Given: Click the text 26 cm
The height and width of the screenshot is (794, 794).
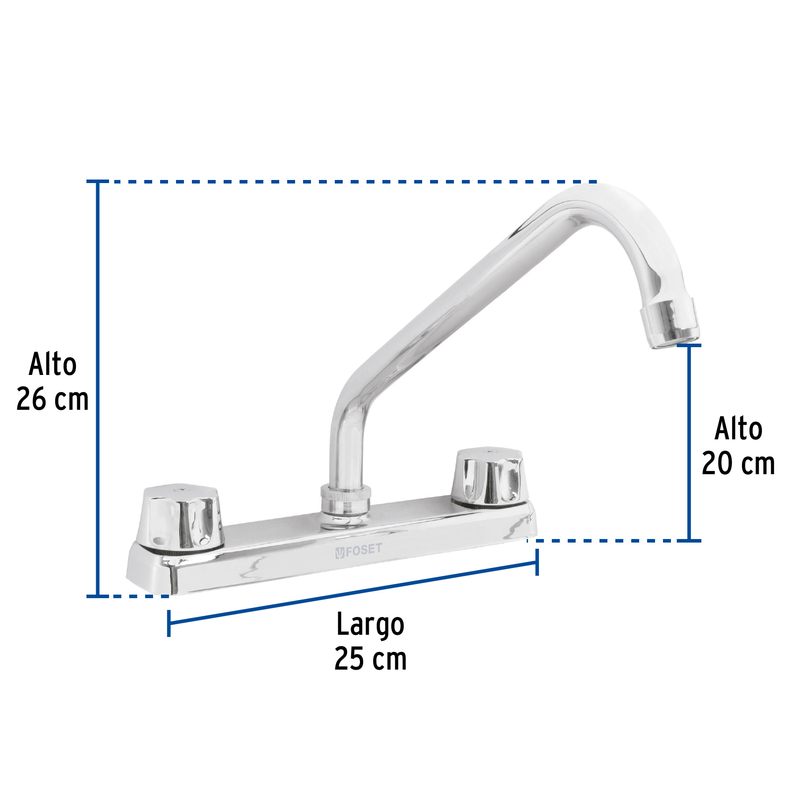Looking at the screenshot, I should click(x=52, y=400).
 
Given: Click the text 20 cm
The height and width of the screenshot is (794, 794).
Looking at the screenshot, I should click(x=738, y=464).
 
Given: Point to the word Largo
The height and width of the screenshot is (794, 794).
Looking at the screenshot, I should click(x=370, y=625).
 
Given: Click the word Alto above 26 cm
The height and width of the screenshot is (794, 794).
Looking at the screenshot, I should click(x=52, y=364).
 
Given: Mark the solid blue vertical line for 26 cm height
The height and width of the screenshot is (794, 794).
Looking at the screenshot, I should click(x=97, y=388).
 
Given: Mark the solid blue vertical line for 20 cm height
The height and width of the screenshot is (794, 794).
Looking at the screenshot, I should click(x=689, y=441).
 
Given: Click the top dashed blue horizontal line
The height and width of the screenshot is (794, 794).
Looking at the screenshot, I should click(x=344, y=181).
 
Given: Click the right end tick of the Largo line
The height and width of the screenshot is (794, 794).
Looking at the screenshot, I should click(x=537, y=562).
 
